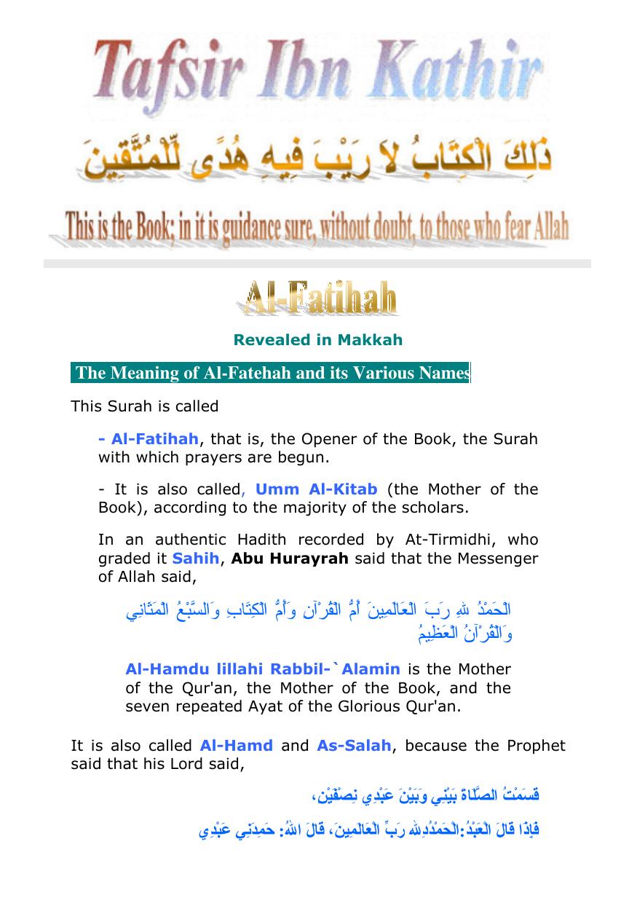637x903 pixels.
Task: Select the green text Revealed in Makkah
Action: [x=317, y=340]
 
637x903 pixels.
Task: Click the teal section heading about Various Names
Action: [x=271, y=374]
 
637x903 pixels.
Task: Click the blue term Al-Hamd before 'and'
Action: [x=237, y=746]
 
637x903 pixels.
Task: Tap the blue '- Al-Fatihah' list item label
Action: [x=149, y=439]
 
